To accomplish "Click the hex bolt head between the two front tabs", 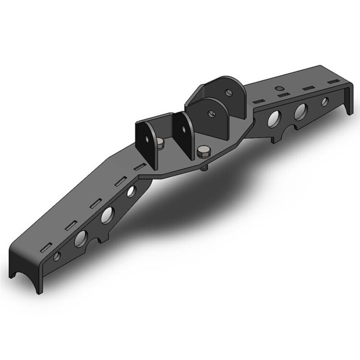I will [160, 143].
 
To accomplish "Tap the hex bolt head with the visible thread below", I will [204, 153].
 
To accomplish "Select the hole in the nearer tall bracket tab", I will [210, 113].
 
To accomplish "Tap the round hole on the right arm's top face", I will [277, 88].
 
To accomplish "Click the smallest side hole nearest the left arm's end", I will [57, 256].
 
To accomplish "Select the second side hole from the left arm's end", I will [81, 237].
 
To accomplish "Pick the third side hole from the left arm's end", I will [107, 215].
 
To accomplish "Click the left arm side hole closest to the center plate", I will [131, 193].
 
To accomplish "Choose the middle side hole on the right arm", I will [300, 110].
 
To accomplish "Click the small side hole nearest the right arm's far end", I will [324, 101].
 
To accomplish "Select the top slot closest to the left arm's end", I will [44, 249].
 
